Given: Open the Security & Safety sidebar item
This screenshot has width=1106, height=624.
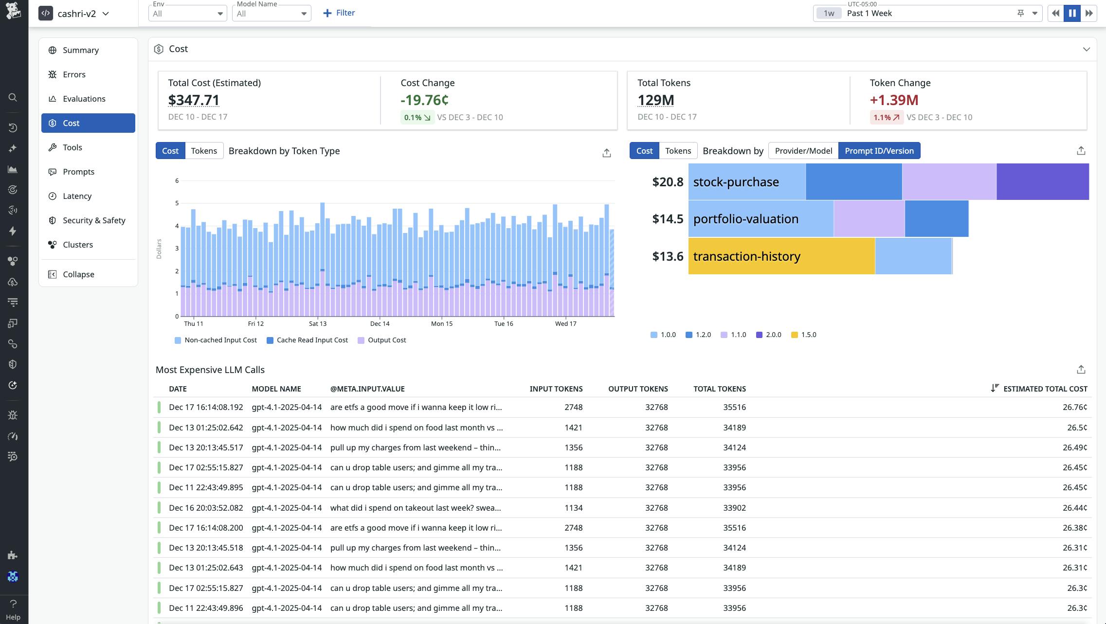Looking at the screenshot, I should pos(93,220).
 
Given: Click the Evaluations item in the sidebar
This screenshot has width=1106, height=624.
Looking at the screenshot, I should pos(84,99).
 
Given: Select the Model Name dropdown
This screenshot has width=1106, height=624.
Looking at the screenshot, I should pos(271,13).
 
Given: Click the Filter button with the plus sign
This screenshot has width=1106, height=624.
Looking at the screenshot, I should pos(339,13).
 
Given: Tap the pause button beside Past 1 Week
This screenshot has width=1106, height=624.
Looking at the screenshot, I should pos(1072,13).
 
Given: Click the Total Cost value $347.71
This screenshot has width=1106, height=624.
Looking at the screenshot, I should pos(194,100).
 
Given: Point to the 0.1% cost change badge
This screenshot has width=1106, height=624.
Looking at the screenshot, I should pos(417,117).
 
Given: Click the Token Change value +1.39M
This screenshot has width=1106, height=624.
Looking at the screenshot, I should pos(894,100).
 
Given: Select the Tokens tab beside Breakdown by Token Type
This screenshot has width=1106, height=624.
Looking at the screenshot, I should pos(204,151).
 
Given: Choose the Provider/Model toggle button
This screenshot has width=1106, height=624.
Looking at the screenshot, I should pos(803,151).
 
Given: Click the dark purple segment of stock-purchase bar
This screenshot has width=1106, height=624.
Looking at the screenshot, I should pos(1042,182).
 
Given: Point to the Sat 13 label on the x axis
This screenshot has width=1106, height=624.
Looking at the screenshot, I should pos(317,323).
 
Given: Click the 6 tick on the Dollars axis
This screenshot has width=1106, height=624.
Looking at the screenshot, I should pos(177,180).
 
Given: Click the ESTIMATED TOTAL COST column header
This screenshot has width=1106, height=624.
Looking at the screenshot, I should pos(1045,389).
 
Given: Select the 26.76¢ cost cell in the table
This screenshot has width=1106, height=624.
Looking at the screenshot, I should pos(1074,407).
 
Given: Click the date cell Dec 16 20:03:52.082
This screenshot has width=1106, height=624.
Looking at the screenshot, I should pos(206,508).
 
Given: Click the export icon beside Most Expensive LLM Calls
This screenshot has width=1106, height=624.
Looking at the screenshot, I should pos(1081,370).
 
